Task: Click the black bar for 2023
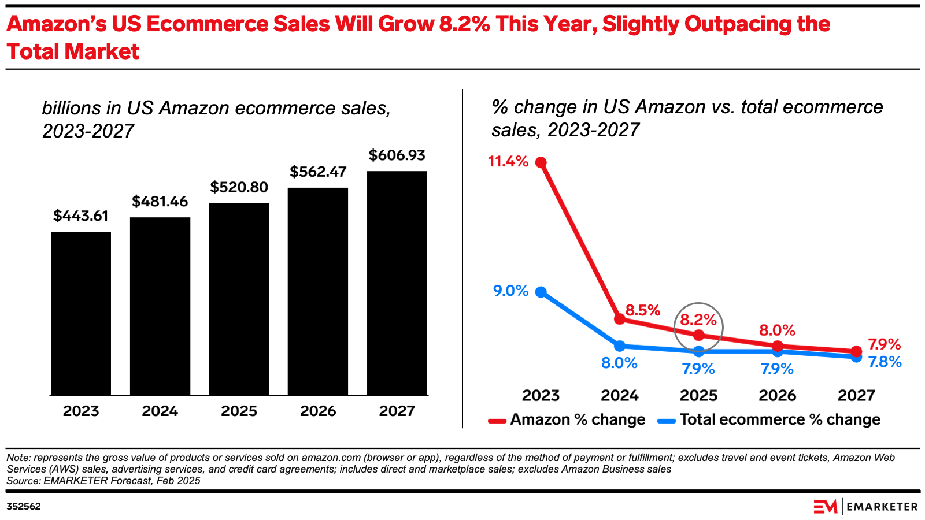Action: coord(81,313)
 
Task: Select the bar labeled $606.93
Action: coord(397,283)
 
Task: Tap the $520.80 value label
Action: coord(239,187)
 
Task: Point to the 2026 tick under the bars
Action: coord(318,411)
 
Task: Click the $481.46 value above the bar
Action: coord(160,202)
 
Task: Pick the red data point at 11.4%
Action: coord(541,162)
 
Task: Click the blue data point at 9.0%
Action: coord(541,292)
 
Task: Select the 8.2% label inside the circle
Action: coord(698,320)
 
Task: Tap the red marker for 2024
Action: coord(620,319)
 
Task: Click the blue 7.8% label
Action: coord(885,362)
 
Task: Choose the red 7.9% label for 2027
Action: coord(885,345)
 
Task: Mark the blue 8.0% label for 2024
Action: coord(619,363)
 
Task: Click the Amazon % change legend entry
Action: coord(567,419)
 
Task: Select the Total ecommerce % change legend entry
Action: coord(769,419)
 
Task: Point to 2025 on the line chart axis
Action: coord(698,395)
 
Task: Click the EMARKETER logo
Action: coord(865,506)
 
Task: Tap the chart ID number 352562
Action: coord(24,506)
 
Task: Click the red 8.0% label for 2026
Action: coord(777,330)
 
